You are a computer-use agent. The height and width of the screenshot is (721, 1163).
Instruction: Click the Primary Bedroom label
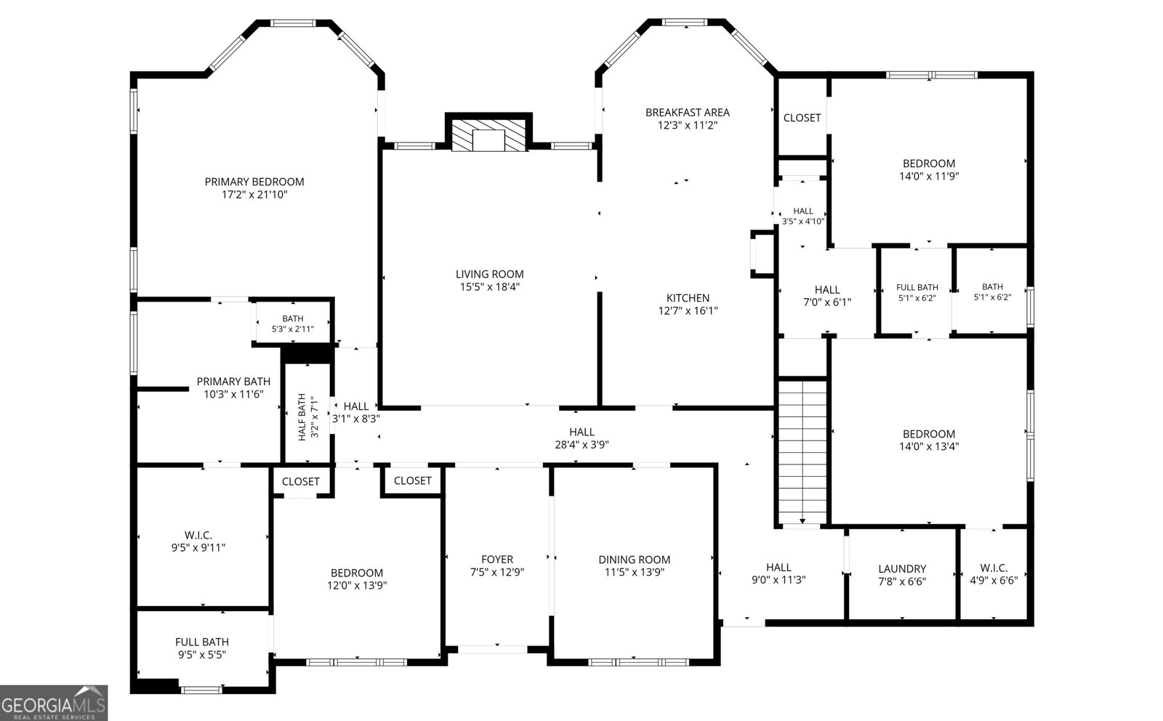(254, 182)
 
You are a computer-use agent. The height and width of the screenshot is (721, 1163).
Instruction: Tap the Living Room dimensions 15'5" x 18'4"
(489, 286)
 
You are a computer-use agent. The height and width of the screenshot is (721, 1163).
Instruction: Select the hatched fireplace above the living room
(488, 135)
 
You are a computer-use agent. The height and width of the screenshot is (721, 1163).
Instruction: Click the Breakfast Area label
(688, 112)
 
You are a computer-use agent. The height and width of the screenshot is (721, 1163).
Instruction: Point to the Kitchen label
(688, 298)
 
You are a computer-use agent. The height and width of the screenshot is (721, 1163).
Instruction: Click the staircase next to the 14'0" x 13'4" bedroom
(802, 452)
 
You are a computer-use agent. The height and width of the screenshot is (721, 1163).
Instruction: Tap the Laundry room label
(902, 569)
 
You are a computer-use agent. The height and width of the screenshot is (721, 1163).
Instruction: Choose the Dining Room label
(634, 560)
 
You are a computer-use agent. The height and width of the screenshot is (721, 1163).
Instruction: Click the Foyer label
(497, 560)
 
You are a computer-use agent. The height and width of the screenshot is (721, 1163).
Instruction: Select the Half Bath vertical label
(302, 417)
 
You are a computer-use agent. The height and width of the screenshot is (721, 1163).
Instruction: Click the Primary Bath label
(233, 382)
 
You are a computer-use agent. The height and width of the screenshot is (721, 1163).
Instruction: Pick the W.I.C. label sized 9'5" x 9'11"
(198, 535)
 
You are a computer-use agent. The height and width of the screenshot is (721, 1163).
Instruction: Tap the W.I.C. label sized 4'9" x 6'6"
(994, 568)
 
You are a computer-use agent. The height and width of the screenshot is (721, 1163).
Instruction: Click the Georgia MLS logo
(54, 703)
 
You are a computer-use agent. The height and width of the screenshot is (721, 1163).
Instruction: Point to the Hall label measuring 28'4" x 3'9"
(581, 432)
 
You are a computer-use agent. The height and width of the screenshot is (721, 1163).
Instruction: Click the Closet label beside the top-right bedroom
(802, 118)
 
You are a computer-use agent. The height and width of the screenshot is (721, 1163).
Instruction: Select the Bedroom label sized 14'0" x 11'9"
(929, 164)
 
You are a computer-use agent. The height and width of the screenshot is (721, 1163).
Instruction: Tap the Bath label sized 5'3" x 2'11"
(293, 319)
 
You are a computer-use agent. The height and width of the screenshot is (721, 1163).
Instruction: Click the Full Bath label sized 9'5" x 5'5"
(202, 642)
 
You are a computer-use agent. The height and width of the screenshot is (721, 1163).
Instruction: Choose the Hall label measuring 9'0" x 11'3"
(778, 568)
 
